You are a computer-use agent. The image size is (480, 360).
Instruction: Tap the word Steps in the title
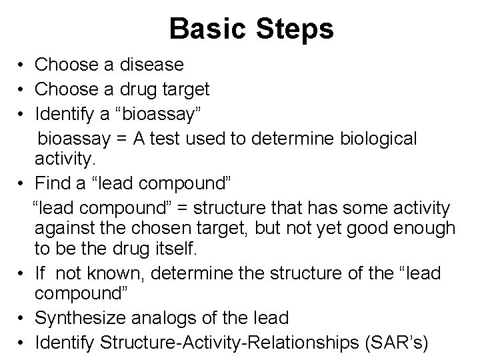click(x=293, y=29)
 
